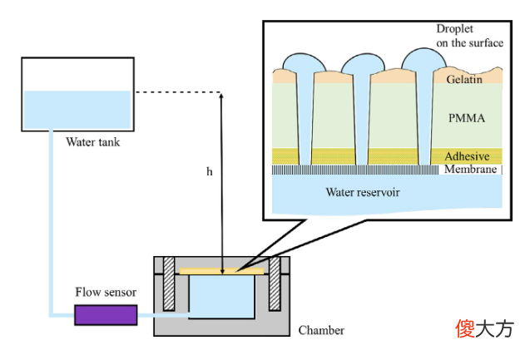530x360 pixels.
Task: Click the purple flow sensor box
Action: point(106,315)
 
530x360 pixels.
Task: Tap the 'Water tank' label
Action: point(93,142)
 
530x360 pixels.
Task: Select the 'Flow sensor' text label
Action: point(106,292)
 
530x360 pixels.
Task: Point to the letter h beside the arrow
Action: point(210,171)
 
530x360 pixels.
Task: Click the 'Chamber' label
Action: point(321,330)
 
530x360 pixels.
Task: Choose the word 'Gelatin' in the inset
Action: point(464,79)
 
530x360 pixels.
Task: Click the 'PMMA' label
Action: point(467,118)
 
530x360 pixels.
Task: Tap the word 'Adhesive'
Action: point(467,156)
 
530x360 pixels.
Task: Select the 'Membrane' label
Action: point(471,169)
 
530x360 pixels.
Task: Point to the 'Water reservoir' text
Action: point(363,192)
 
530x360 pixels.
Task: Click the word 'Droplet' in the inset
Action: point(454,29)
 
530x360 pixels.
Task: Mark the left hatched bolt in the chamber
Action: point(169,284)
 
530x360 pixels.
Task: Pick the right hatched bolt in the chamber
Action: point(275,284)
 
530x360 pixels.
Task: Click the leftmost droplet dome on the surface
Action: point(305,62)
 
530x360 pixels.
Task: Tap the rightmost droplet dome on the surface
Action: point(424,58)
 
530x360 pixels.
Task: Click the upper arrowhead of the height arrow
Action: point(221,96)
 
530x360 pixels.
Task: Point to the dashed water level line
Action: point(178,91)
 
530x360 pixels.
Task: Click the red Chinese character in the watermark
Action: point(465,328)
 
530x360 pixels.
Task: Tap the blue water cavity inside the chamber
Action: point(221,297)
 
